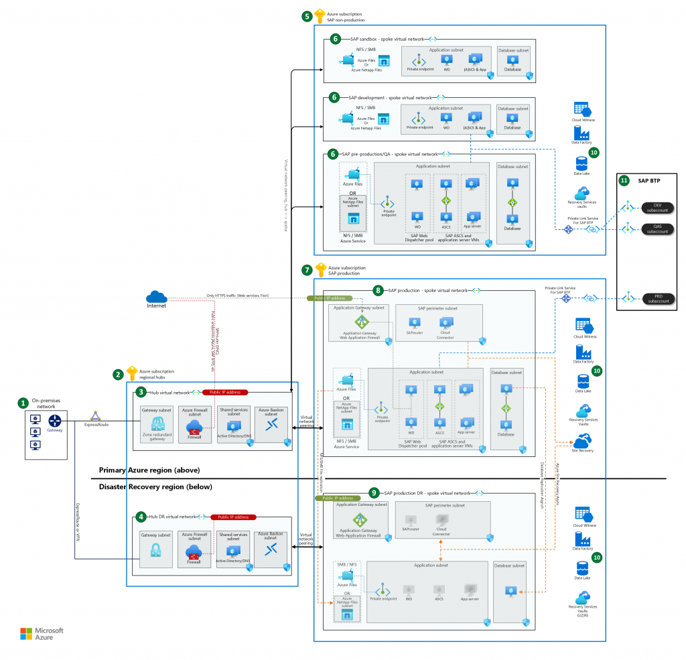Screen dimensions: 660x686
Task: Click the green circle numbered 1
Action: tap(23, 403)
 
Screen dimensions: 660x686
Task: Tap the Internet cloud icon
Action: tap(156, 296)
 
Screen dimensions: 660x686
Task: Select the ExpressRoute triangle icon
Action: tap(96, 416)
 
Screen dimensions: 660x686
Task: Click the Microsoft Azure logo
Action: tap(42, 633)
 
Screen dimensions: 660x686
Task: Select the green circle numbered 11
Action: tap(624, 181)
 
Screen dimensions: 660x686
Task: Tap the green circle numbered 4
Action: tap(141, 517)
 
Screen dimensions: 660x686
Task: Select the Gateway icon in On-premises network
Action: tap(54, 421)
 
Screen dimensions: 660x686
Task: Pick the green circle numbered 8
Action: tap(379, 291)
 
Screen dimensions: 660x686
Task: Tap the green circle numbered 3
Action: tap(141, 391)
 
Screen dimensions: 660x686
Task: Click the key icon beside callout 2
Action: tap(131, 373)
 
